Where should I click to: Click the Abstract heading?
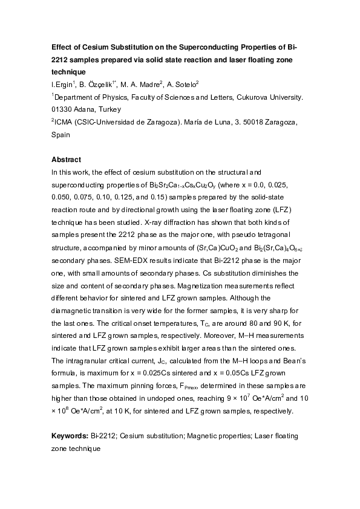(66, 160)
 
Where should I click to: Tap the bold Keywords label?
(70, 435)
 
